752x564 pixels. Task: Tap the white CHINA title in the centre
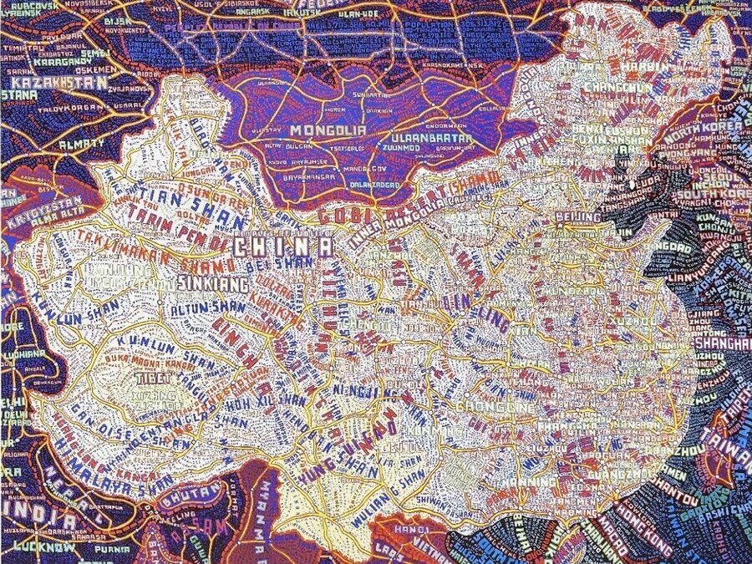[x=282, y=247]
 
